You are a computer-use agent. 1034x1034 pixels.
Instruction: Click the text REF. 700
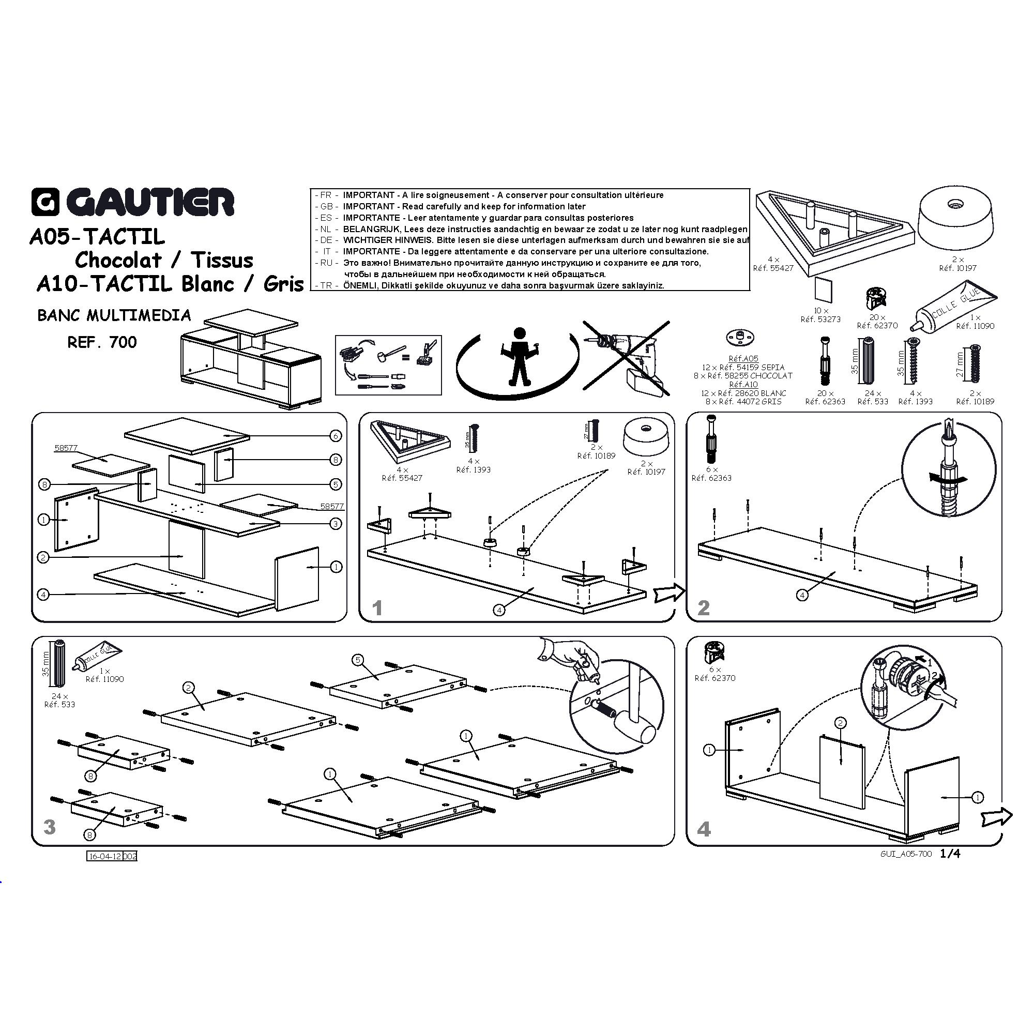[102, 343]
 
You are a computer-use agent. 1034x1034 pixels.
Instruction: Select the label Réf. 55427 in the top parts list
[773, 268]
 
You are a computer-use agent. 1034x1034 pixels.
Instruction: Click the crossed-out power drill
[626, 359]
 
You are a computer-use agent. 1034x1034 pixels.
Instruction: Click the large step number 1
[378, 609]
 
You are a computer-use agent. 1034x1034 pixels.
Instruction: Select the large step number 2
[704, 608]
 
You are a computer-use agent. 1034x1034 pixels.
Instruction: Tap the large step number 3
[49, 827]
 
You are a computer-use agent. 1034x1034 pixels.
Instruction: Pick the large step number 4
[704, 830]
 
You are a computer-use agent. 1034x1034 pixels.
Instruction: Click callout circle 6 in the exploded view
[336, 436]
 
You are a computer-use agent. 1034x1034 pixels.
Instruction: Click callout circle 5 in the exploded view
[336, 484]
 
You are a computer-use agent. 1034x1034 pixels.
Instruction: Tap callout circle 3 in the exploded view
[336, 523]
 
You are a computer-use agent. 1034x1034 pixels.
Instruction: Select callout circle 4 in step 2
[802, 595]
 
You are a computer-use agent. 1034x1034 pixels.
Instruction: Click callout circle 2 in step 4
[840, 723]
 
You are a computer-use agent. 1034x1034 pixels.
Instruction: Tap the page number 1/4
[951, 854]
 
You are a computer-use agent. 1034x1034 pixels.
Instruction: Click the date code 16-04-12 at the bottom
[104, 856]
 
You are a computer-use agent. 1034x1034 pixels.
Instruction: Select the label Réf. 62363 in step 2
[712, 478]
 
